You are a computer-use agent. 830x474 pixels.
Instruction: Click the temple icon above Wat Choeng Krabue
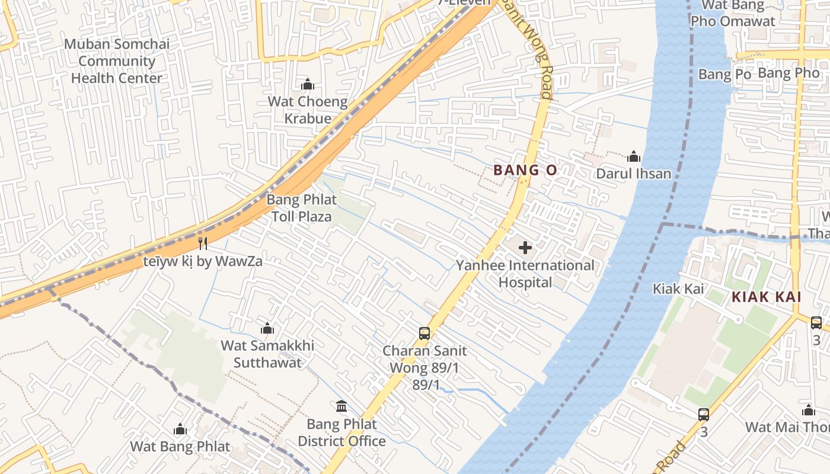307,85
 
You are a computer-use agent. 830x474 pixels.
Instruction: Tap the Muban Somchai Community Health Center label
117,61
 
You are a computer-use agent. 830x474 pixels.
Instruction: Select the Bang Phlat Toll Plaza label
301,208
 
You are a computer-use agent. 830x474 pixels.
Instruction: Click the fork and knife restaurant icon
203,243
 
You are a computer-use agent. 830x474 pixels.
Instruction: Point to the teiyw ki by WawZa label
203,261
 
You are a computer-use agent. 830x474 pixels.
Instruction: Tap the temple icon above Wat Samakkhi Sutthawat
267,328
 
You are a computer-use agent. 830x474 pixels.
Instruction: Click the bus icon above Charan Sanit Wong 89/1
424,333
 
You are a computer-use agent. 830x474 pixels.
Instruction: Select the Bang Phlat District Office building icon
341,406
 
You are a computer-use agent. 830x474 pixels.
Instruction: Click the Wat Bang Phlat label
180,446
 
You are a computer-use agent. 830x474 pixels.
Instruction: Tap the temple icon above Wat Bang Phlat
180,429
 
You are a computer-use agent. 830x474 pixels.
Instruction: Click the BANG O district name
525,171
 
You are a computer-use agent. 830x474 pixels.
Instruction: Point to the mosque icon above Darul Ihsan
633,156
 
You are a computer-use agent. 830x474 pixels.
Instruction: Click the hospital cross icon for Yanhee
525,248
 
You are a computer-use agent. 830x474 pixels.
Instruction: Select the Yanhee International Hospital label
525,274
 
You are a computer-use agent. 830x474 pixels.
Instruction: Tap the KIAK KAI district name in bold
766,297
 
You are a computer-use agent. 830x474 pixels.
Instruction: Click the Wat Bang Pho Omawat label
733,14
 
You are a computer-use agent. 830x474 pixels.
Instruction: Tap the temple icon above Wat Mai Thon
809,410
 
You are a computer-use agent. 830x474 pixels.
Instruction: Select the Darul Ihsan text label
633,174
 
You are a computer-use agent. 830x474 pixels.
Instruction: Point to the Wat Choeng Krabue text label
307,110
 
